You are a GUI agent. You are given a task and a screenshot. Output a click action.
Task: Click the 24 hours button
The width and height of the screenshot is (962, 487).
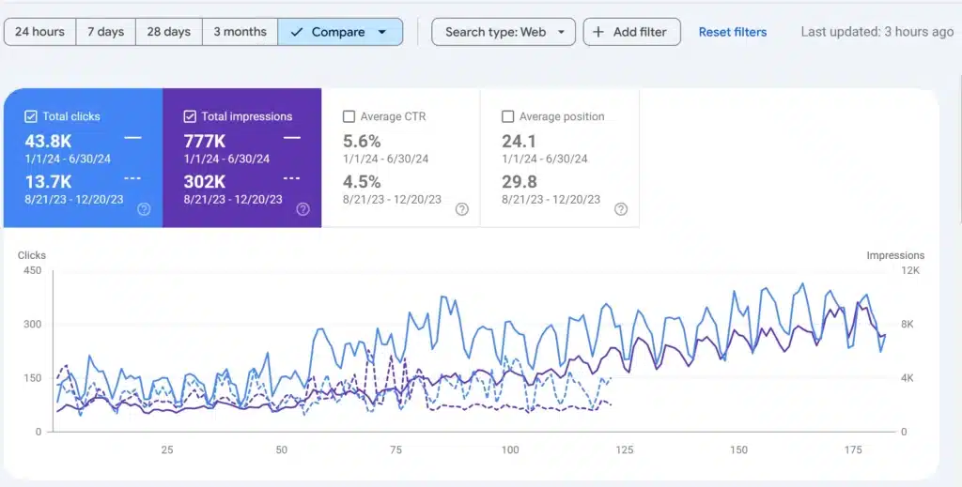(x=39, y=32)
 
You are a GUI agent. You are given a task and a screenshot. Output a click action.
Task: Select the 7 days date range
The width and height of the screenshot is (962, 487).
(x=106, y=32)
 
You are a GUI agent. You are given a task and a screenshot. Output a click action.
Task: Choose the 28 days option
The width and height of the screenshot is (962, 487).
(x=169, y=32)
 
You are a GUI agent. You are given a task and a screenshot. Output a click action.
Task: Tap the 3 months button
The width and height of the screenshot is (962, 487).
(x=240, y=32)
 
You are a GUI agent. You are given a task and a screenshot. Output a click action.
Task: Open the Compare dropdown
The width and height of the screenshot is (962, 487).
(x=340, y=32)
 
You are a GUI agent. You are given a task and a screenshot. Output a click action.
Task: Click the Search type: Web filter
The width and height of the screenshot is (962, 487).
(x=504, y=32)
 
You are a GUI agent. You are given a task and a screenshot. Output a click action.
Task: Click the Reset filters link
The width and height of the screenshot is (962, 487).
(x=733, y=32)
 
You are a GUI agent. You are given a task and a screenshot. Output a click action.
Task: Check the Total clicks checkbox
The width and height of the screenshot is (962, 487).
(x=31, y=116)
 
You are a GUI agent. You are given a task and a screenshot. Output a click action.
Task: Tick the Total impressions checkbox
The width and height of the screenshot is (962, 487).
(x=190, y=116)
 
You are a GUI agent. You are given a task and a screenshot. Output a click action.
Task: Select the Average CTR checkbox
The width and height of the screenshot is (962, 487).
(x=349, y=116)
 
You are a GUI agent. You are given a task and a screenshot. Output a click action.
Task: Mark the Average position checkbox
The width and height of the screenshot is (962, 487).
(x=508, y=116)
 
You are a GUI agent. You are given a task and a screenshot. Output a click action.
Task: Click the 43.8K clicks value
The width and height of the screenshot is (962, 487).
(x=50, y=141)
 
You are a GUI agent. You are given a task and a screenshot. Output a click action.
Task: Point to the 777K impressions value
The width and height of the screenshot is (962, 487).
(x=204, y=141)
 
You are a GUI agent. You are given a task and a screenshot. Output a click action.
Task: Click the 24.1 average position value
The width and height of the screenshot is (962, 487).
(x=519, y=141)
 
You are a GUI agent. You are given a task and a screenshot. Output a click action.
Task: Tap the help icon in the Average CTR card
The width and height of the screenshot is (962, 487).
(x=462, y=209)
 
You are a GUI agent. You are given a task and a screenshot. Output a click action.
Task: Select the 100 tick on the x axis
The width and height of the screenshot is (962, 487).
(x=510, y=450)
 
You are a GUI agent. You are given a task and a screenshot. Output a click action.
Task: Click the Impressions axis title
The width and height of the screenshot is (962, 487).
(x=895, y=255)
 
